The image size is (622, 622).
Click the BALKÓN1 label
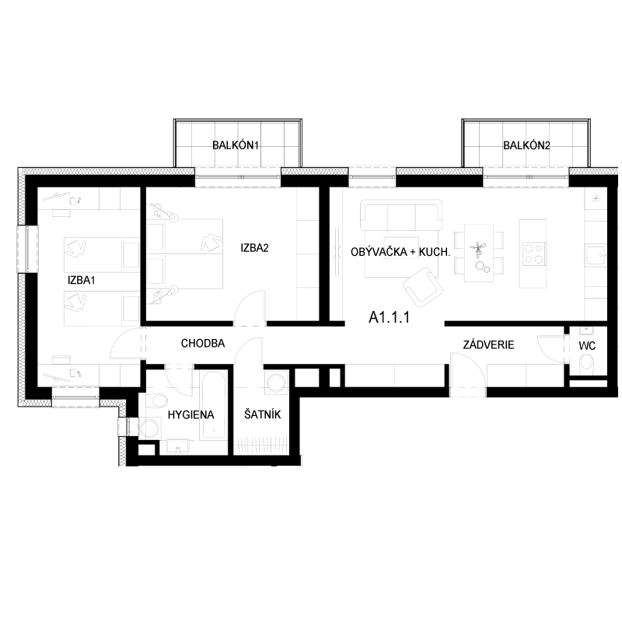(x=236, y=145)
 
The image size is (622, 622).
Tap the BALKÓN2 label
(x=526, y=145)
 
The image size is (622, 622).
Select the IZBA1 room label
(x=82, y=280)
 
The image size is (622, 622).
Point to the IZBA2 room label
(x=254, y=248)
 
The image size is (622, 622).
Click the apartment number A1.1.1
(x=389, y=317)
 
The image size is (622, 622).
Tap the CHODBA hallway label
(x=203, y=343)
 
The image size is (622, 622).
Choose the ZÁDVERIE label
(x=488, y=344)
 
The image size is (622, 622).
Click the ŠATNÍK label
(x=262, y=414)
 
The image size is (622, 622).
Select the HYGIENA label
(x=190, y=415)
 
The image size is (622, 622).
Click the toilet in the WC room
(x=586, y=363)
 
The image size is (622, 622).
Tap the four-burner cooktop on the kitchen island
(x=533, y=254)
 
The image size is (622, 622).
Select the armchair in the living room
(x=422, y=287)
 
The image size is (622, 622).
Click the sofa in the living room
(x=401, y=215)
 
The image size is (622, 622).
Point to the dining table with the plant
(x=479, y=253)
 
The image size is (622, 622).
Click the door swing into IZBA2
(x=250, y=309)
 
